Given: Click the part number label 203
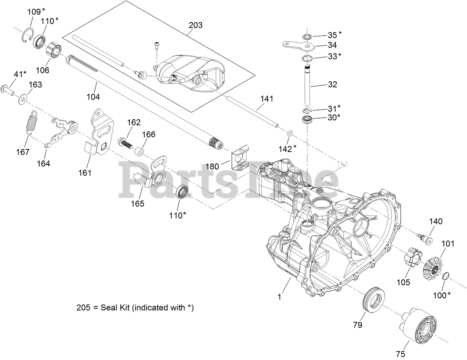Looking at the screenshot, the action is (196, 25).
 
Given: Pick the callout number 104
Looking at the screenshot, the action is (93, 97).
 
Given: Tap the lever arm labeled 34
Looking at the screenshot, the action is (297, 45).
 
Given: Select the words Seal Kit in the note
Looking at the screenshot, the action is (115, 308).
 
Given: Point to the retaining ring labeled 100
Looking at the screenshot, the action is (445, 276).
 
